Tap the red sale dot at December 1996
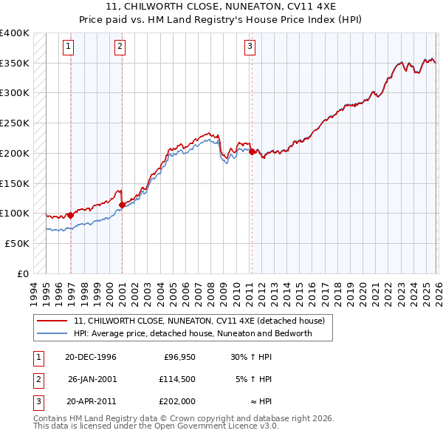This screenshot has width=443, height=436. coord(70,216)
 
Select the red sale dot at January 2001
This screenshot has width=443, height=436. coord(122,205)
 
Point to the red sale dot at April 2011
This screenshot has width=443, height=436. coord(252,152)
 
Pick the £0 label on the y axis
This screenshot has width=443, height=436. coord(22,273)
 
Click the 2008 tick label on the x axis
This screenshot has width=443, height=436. coord(212,292)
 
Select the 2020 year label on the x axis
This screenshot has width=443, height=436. coord(363,292)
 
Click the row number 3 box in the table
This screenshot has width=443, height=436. coord(37,403)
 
